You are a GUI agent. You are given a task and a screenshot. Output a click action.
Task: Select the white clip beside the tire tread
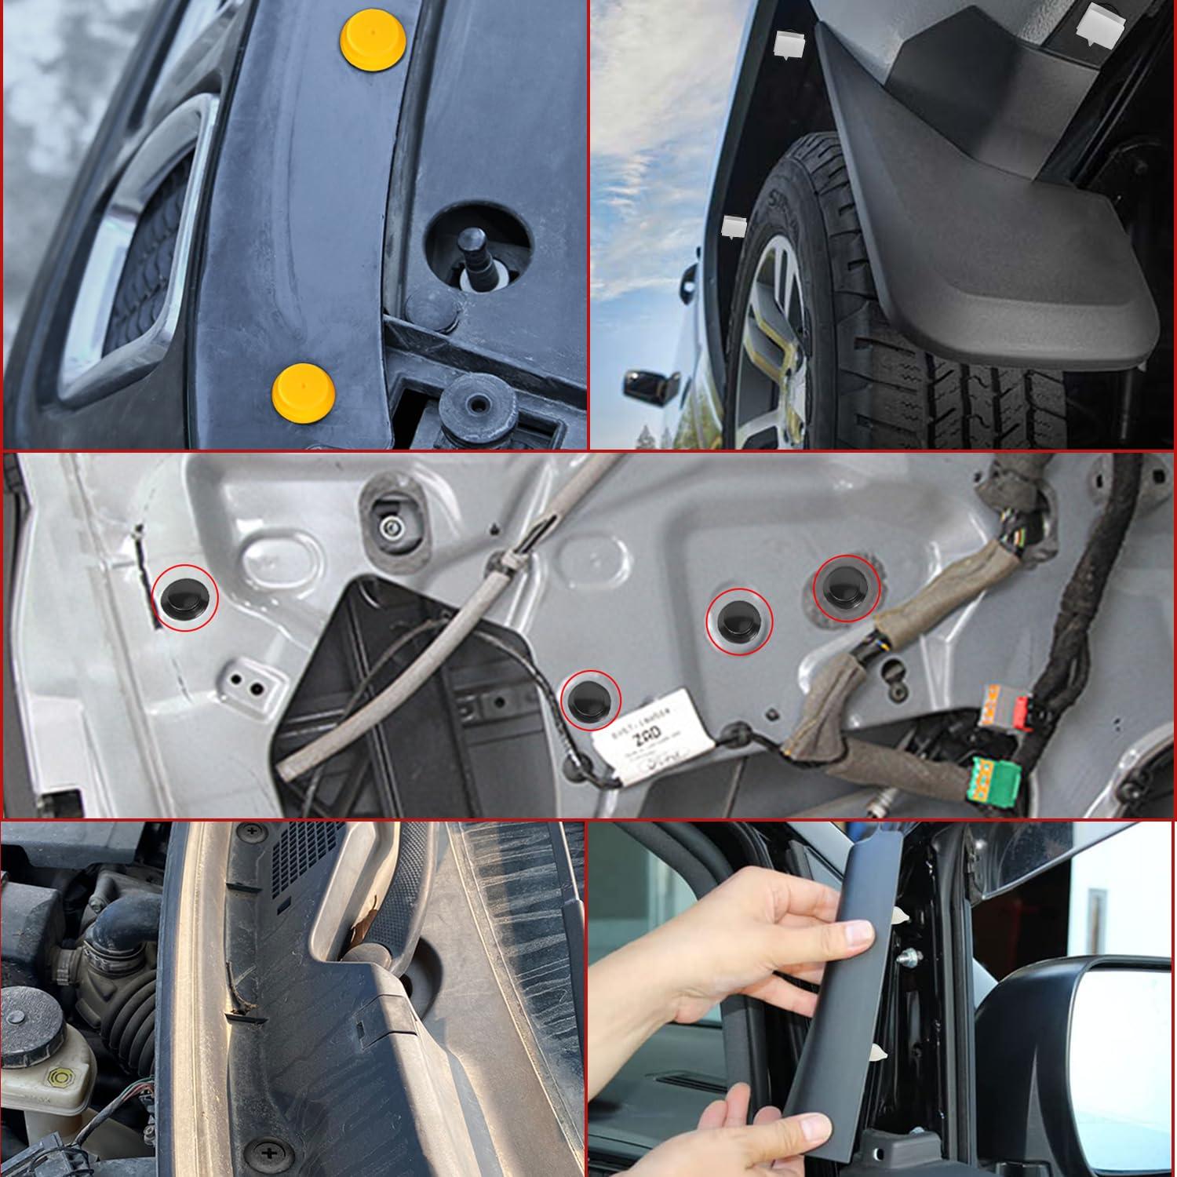[732, 226]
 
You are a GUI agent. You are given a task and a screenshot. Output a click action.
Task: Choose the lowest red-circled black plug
[591, 698]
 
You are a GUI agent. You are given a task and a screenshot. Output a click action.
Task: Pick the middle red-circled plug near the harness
[740, 621]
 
